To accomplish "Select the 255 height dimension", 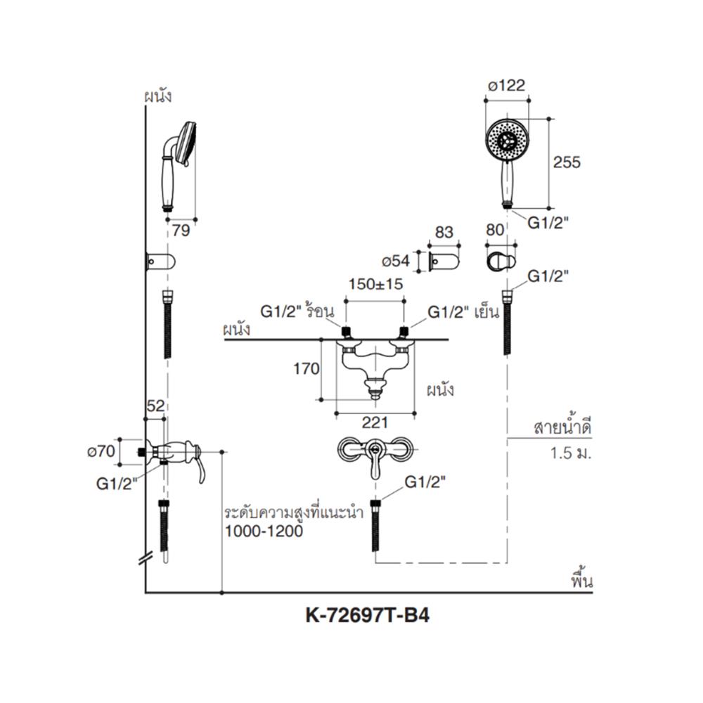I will [x=567, y=162].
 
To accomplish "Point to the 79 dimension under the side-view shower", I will [x=181, y=230].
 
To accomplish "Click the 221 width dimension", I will [x=375, y=423].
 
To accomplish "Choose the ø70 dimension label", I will [x=105, y=451].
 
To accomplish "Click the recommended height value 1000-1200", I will [x=264, y=532].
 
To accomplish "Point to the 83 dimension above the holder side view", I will [x=445, y=233].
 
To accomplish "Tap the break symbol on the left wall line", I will [x=146, y=557].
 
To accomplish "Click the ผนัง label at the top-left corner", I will [x=157, y=96].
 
